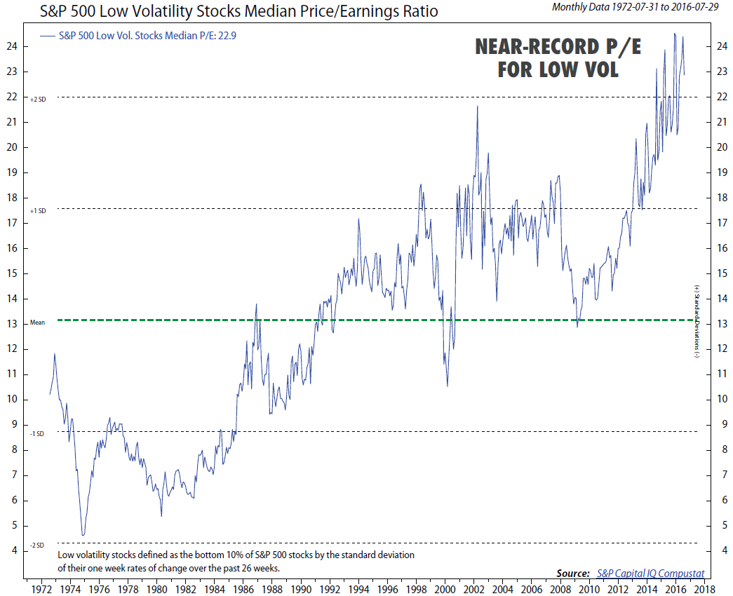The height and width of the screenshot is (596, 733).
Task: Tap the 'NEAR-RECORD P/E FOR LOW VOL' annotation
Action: [x=558, y=58]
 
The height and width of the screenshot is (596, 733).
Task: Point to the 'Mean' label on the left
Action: [x=37, y=323]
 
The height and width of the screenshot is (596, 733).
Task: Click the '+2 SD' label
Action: [x=38, y=100]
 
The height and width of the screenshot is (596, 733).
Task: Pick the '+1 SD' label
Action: [x=38, y=210]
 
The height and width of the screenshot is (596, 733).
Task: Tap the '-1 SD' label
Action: [x=38, y=434]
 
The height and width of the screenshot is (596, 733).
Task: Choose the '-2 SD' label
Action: [x=38, y=545]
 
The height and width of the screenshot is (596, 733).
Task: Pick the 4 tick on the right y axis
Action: [x=721, y=550]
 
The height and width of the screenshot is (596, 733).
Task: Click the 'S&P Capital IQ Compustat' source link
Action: [x=650, y=573]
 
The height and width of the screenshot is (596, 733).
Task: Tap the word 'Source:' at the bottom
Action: [x=573, y=573]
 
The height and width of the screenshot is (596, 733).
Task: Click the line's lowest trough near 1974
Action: [x=83, y=536]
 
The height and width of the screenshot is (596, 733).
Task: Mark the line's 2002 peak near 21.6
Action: [x=478, y=106]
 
